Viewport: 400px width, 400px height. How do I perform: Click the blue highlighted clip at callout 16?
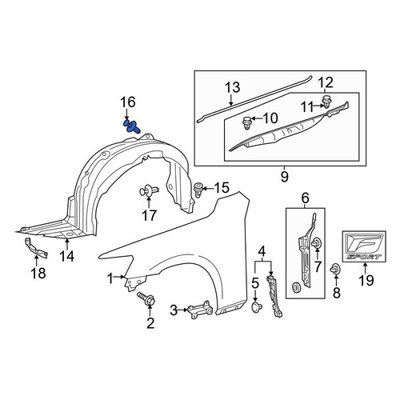click(x=131, y=126)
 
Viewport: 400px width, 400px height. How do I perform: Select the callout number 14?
click(x=67, y=257)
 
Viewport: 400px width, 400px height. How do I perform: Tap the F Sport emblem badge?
click(x=364, y=246)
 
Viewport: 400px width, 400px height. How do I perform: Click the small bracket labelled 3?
click(x=201, y=310)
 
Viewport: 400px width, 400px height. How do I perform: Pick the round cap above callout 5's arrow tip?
click(x=257, y=306)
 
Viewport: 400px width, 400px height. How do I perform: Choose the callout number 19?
click(x=366, y=280)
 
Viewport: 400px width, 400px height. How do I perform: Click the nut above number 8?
click(x=334, y=269)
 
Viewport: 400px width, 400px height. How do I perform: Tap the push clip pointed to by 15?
click(x=198, y=189)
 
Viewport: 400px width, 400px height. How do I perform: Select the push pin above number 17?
click(x=149, y=190)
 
